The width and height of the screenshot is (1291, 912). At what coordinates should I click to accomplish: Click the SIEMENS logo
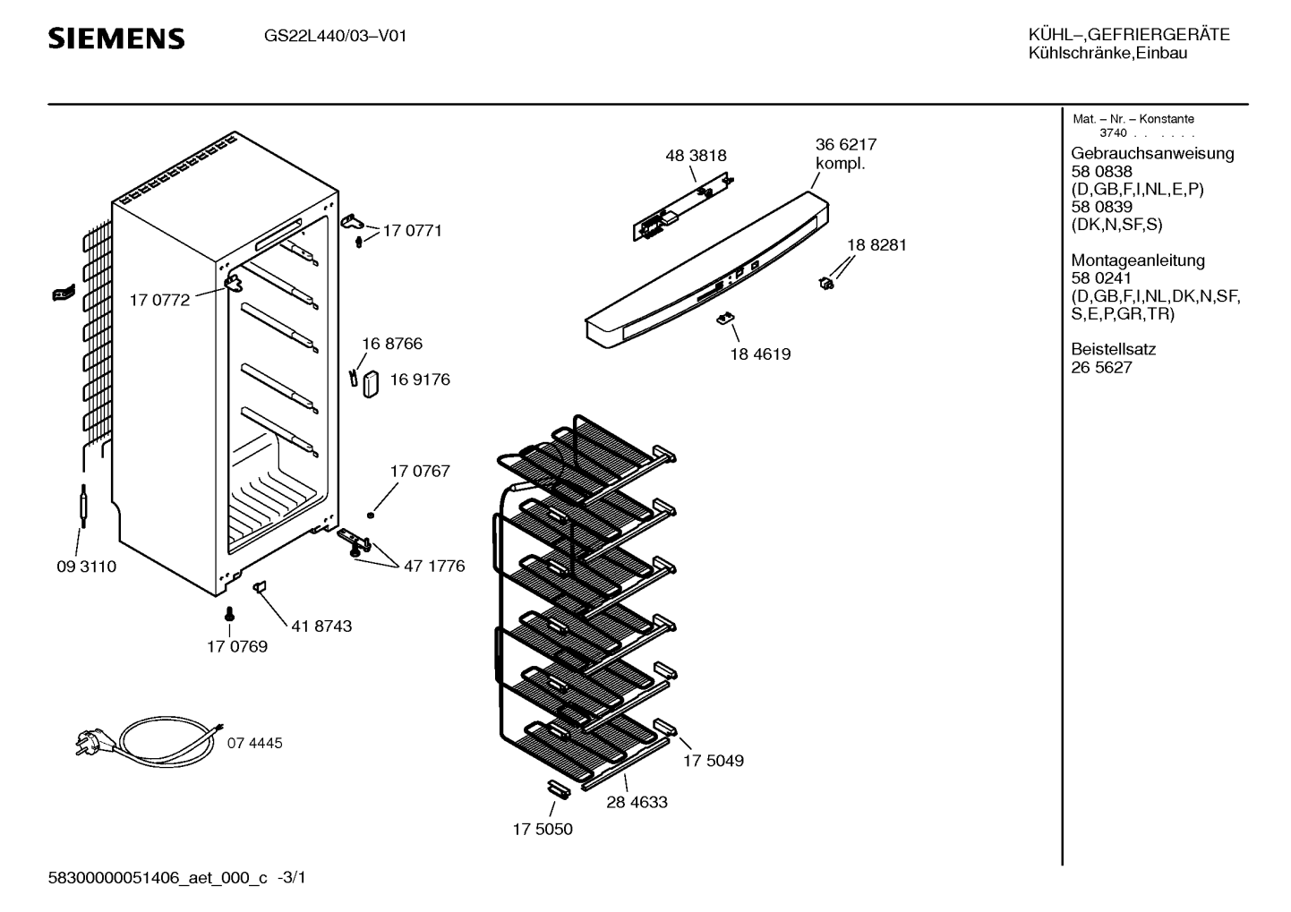coord(116,38)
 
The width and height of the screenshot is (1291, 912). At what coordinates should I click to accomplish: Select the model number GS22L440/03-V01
coord(335,37)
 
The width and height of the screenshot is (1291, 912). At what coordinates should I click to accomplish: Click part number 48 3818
coord(696,156)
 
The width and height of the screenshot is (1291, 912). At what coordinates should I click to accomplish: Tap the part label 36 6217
coord(845,144)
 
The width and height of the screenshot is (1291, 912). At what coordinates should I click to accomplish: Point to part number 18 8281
coord(876,244)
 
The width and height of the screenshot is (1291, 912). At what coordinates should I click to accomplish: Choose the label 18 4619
coord(760,354)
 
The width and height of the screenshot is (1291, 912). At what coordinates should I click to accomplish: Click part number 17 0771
coord(412,231)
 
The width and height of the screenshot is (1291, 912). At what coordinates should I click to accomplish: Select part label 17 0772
coord(159,301)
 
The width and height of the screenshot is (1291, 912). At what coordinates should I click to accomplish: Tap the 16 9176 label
coord(419,379)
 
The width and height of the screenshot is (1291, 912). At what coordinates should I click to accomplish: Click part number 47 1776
coord(434,567)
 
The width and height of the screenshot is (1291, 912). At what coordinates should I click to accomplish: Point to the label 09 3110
coord(86,567)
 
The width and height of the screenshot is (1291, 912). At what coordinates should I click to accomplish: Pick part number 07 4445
coord(254,743)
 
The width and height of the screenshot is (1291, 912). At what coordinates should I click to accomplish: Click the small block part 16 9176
coord(370,384)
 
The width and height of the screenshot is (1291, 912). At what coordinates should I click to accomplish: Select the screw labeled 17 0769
coord(229,614)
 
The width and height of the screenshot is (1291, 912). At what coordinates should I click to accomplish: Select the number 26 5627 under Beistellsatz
coord(1101,368)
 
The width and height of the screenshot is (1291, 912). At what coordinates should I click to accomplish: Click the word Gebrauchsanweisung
coord(1151,153)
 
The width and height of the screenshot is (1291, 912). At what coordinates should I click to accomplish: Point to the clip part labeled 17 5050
coord(557,787)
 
